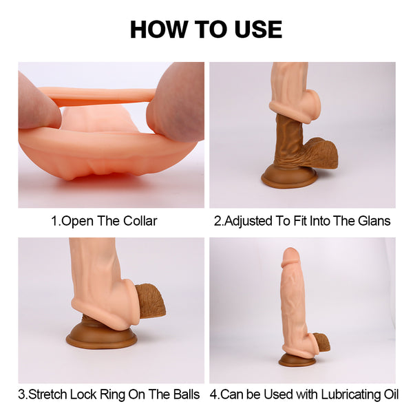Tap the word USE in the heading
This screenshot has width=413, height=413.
[258, 29]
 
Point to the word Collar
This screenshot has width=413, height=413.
[140, 221]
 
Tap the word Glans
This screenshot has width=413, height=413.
[374, 221]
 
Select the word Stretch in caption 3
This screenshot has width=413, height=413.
[48, 394]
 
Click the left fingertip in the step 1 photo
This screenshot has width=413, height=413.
[39, 105]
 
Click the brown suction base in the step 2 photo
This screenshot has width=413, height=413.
[289, 177]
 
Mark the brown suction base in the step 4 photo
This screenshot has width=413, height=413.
[297, 361]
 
